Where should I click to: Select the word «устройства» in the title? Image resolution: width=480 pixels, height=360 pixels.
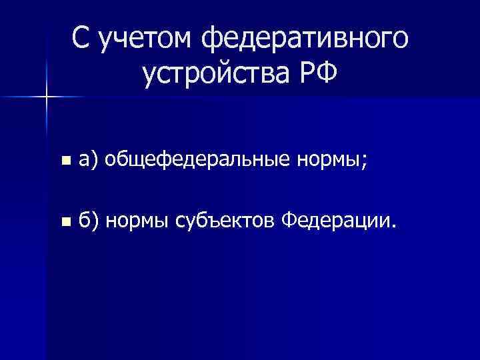click(x=215, y=74)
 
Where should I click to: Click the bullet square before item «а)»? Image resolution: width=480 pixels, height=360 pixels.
click(x=64, y=161)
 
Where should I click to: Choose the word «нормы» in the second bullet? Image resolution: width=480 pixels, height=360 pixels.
click(x=137, y=219)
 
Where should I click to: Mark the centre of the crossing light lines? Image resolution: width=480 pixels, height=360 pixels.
click(x=47, y=97)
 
